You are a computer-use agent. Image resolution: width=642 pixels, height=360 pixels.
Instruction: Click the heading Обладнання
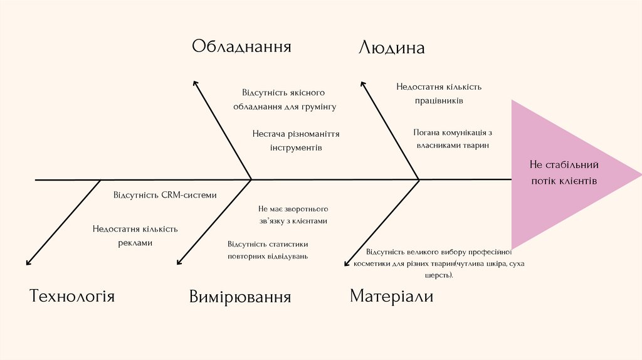241,46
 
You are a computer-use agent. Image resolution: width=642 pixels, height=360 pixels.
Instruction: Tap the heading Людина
391,48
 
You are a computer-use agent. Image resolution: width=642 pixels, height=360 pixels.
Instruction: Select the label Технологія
72,296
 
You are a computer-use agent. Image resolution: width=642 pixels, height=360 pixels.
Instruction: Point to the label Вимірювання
240,297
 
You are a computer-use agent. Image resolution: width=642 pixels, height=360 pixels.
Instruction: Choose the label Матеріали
391,296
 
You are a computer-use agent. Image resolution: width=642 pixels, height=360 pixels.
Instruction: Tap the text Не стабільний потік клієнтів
564,172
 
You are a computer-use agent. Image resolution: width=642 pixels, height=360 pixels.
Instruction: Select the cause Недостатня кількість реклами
135,235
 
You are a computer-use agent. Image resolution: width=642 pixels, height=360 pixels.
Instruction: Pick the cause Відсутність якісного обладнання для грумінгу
284,99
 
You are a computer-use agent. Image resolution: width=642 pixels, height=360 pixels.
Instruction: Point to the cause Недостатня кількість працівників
439,93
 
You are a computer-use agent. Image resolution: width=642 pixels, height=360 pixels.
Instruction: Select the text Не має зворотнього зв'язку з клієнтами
293,214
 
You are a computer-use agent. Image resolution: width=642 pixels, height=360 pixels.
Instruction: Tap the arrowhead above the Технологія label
28,263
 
